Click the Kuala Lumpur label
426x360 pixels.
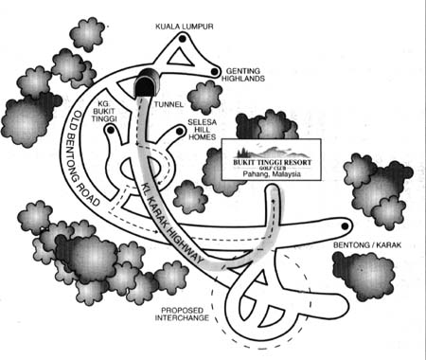[x=185, y=27]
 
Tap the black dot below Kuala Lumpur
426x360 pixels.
[x=182, y=39]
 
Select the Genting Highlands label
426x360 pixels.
[x=243, y=75]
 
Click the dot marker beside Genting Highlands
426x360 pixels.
[x=214, y=72]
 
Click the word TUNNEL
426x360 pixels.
[x=169, y=104]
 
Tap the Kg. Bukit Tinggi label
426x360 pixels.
[x=104, y=111]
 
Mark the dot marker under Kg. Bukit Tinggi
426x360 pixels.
[x=111, y=130]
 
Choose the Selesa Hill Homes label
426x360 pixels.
[x=203, y=130]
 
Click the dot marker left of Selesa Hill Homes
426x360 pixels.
[x=180, y=131]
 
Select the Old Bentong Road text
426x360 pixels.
[x=82, y=158]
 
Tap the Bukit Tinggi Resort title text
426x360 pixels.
[x=272, y=162]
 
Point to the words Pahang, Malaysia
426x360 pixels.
[x=272, y=174]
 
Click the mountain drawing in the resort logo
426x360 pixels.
[x=272, y=152]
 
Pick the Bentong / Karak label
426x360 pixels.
[x=367, y=244]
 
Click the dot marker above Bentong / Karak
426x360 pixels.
[x=346, y=226]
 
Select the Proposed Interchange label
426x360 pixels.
[x=182, y=314]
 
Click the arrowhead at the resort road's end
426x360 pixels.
[x=274, y=200]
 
